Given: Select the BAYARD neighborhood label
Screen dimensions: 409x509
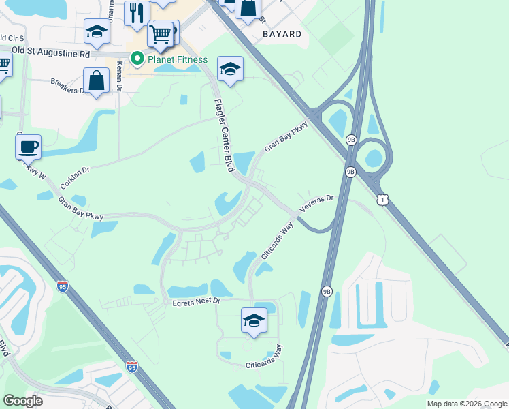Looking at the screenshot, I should pyautogui.click(x=282, y=33).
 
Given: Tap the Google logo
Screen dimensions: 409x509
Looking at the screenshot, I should pyautogui.click(x=22, y=401).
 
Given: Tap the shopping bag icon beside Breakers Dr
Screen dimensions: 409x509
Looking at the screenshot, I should pyautogui.click(x=97, y=80).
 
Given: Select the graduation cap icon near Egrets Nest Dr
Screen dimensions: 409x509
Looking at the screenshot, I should pyautogui.click(x=254, y=319).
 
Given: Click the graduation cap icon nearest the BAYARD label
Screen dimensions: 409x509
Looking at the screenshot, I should pyautogui.click(x=230, y=68).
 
